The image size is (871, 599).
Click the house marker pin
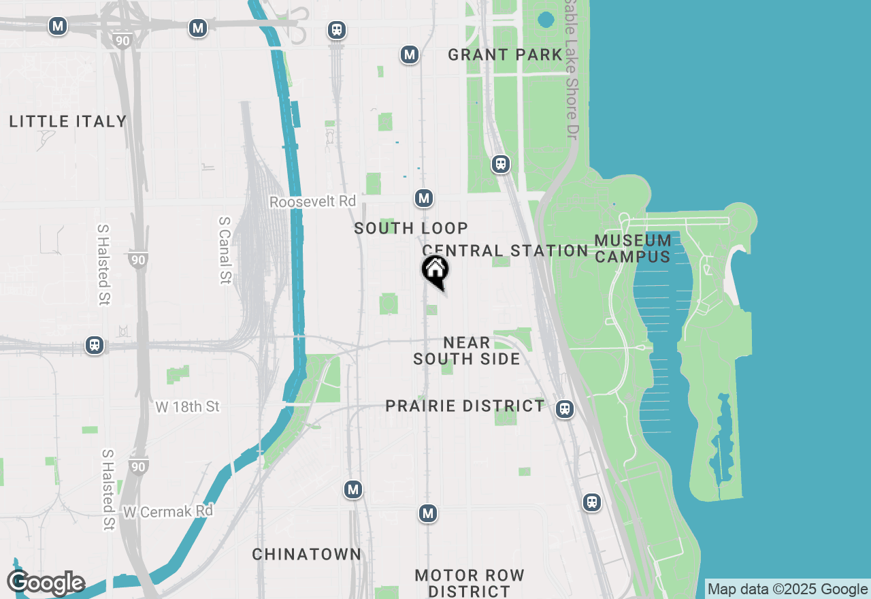click(x=435, y=270)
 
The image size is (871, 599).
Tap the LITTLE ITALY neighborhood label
click(x=68, y=122)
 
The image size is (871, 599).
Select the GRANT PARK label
click(x=505, y=55)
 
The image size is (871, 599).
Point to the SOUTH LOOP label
click(x=411, y=229)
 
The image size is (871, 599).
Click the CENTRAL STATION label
click(x=505, y=250)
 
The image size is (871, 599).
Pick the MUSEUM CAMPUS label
click(x=633, y=248)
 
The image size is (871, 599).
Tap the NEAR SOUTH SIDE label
click(x=467, y=351)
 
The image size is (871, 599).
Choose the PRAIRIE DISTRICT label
click(x=465, y=406)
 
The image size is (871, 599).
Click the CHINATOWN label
click(x=307, y=555)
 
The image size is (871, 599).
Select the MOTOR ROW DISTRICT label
click(x=470, y=583)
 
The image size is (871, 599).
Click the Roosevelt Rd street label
click(x=312, y=202)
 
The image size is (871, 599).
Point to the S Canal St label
click(x=225, y=250)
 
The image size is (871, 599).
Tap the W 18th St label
click(x=188, y=407)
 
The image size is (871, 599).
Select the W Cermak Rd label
click(x=168, y=511)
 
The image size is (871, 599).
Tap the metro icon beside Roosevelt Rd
click(x=424, y=199)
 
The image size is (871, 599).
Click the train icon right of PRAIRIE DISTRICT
click(x=564, y=409)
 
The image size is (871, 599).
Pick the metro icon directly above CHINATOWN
click(x=352, y=489)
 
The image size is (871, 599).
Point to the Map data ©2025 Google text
click(x=787, y=589)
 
